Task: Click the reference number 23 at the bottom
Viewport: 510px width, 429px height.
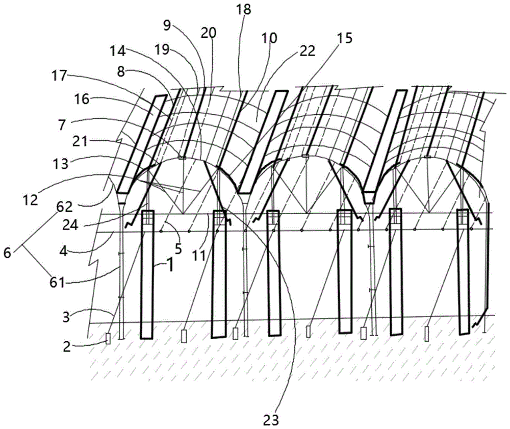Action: (x=271, y=420)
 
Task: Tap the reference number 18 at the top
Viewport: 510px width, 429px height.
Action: (x=244, y=9)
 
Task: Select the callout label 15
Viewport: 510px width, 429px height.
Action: (x=345, y=38)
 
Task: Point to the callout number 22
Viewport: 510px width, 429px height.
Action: (x=308, y=51)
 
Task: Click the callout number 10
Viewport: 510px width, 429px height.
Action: (x=269, y=38)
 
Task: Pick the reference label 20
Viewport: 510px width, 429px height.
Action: (x=209, y=33)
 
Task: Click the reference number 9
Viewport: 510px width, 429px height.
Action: (x=167, y=25)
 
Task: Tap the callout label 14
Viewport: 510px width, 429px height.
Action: (x=117, y=51)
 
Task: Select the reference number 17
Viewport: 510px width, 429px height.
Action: (x=59, y=77)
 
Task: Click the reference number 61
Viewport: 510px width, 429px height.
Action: (x=57, y=282)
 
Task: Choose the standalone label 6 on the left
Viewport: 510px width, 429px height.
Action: (x=7, y=253)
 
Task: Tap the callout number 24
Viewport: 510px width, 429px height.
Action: (x=70, y=225)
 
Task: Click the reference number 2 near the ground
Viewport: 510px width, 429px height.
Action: (x=66, y=347)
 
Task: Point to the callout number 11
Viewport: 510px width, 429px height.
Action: (x=199, y=256)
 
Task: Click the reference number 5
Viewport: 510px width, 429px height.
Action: (x=177, y=248)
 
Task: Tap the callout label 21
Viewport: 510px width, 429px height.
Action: (x=80, y=141)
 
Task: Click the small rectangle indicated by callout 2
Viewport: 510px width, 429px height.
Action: (x=108, y=339)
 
